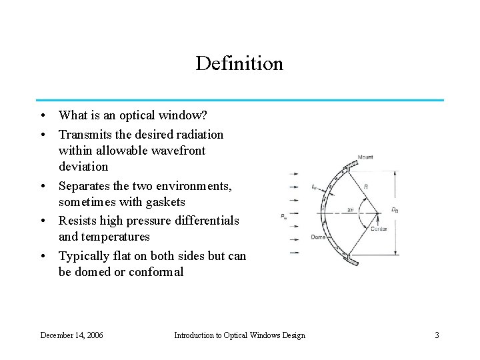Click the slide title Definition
[x=239, y=64]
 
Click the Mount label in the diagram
[x=365, y=157]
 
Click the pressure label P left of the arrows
[x=285, y=215]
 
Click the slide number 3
[x=437, y=335]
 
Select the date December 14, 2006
[x=71, y=335]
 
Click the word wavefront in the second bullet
[x=175, y=151]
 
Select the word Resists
[x=79, y=221]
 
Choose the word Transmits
[x=85, y=134]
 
